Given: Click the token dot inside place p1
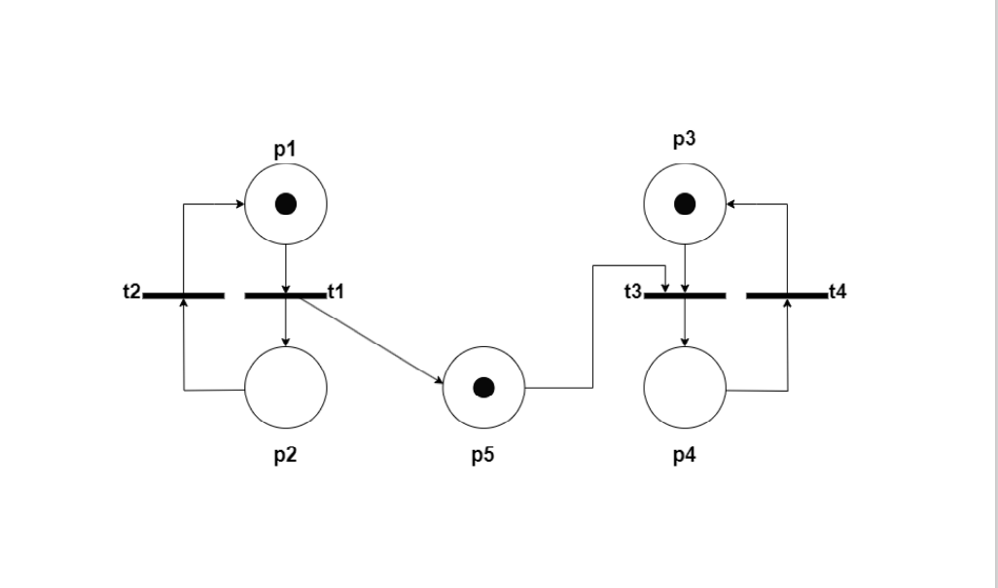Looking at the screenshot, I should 285,204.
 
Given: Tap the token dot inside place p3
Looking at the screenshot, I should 685,204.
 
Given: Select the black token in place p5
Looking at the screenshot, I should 483,388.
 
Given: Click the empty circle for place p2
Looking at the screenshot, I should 285,387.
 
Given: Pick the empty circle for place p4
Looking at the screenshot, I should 685,387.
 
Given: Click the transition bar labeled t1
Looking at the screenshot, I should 285,294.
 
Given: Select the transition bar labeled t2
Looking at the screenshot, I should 184,294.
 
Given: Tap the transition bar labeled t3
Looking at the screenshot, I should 685,294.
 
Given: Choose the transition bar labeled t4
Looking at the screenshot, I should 787,294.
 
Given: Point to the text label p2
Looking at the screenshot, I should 285,456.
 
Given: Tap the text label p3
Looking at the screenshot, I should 685,139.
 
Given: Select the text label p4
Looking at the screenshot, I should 685,456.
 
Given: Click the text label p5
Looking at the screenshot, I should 483,456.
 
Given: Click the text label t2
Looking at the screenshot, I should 132,291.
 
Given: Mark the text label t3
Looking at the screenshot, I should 633,291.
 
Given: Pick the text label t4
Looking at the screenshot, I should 838,291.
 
